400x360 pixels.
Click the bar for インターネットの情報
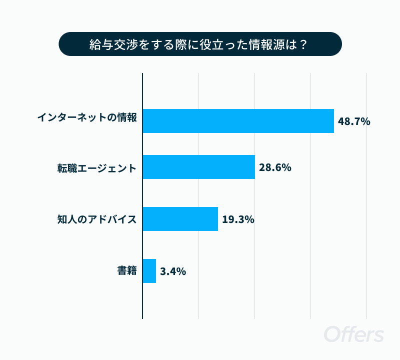point(238,121)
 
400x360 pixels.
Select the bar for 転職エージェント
point(198,167)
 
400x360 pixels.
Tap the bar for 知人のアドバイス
point(180,219)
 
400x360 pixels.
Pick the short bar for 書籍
point(149,271)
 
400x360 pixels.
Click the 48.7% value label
point(354,121)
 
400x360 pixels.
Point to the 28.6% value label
point(275,167)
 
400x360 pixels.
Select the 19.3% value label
point(238,219)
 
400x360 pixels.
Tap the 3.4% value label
point(173,271)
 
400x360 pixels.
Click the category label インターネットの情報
point(87,117)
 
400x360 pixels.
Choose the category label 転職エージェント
point(97,168)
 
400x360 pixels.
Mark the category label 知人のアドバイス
point(97,219)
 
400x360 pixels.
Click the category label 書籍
point(127,270)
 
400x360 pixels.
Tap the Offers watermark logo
point(354,333)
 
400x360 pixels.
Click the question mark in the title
point(303,44)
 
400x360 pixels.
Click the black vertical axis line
point(142,196)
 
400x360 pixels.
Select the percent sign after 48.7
point(365,121)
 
